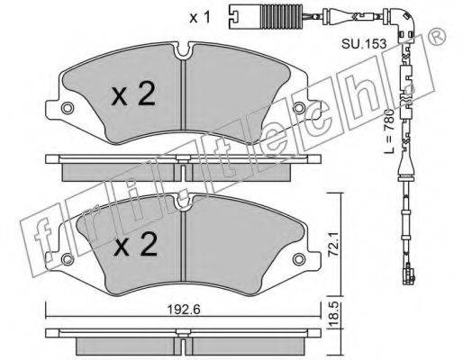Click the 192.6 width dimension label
pyautogui.click(x=183, y=310)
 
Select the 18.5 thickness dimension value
pyautogui.click(x=333, y=314)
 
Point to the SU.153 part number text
pyautogui.click(x=364, y=44)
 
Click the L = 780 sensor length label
pyautogui.click(x=389, y=131)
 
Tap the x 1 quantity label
pyautogui.click(x=200, y=18)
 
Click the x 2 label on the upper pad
pyautogui.click(x=133, y=94)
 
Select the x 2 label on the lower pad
pyautogui.click(x=136, y=245)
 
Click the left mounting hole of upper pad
pyautogui.click(x=68, y=108)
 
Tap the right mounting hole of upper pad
pyautogui.click(x=299, y=108)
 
